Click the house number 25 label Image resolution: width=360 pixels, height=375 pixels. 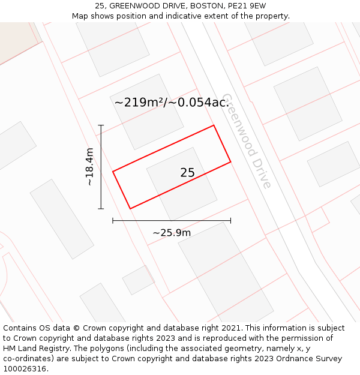coord(187,173)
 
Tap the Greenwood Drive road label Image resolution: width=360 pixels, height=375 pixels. coord(247,140)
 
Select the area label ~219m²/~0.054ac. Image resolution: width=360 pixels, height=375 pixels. coord(172,103)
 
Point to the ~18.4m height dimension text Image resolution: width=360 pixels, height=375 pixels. coord(90,167)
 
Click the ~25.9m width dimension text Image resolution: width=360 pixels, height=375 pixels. coord(172,233)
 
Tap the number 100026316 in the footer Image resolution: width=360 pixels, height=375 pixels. coord(25,369)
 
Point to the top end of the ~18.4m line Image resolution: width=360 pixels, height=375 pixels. coord(101,125)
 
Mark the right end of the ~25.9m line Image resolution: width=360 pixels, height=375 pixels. coord(230,221)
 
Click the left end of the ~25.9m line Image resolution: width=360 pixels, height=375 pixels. coord(113,221)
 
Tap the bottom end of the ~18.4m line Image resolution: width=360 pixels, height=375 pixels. coord(101,209)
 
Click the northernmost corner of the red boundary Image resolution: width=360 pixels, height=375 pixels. coord(214,125)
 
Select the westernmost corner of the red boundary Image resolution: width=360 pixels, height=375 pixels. coord(113,172)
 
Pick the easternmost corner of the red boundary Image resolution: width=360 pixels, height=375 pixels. coord(230,161)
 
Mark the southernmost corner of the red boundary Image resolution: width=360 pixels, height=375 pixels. coord(130,209)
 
